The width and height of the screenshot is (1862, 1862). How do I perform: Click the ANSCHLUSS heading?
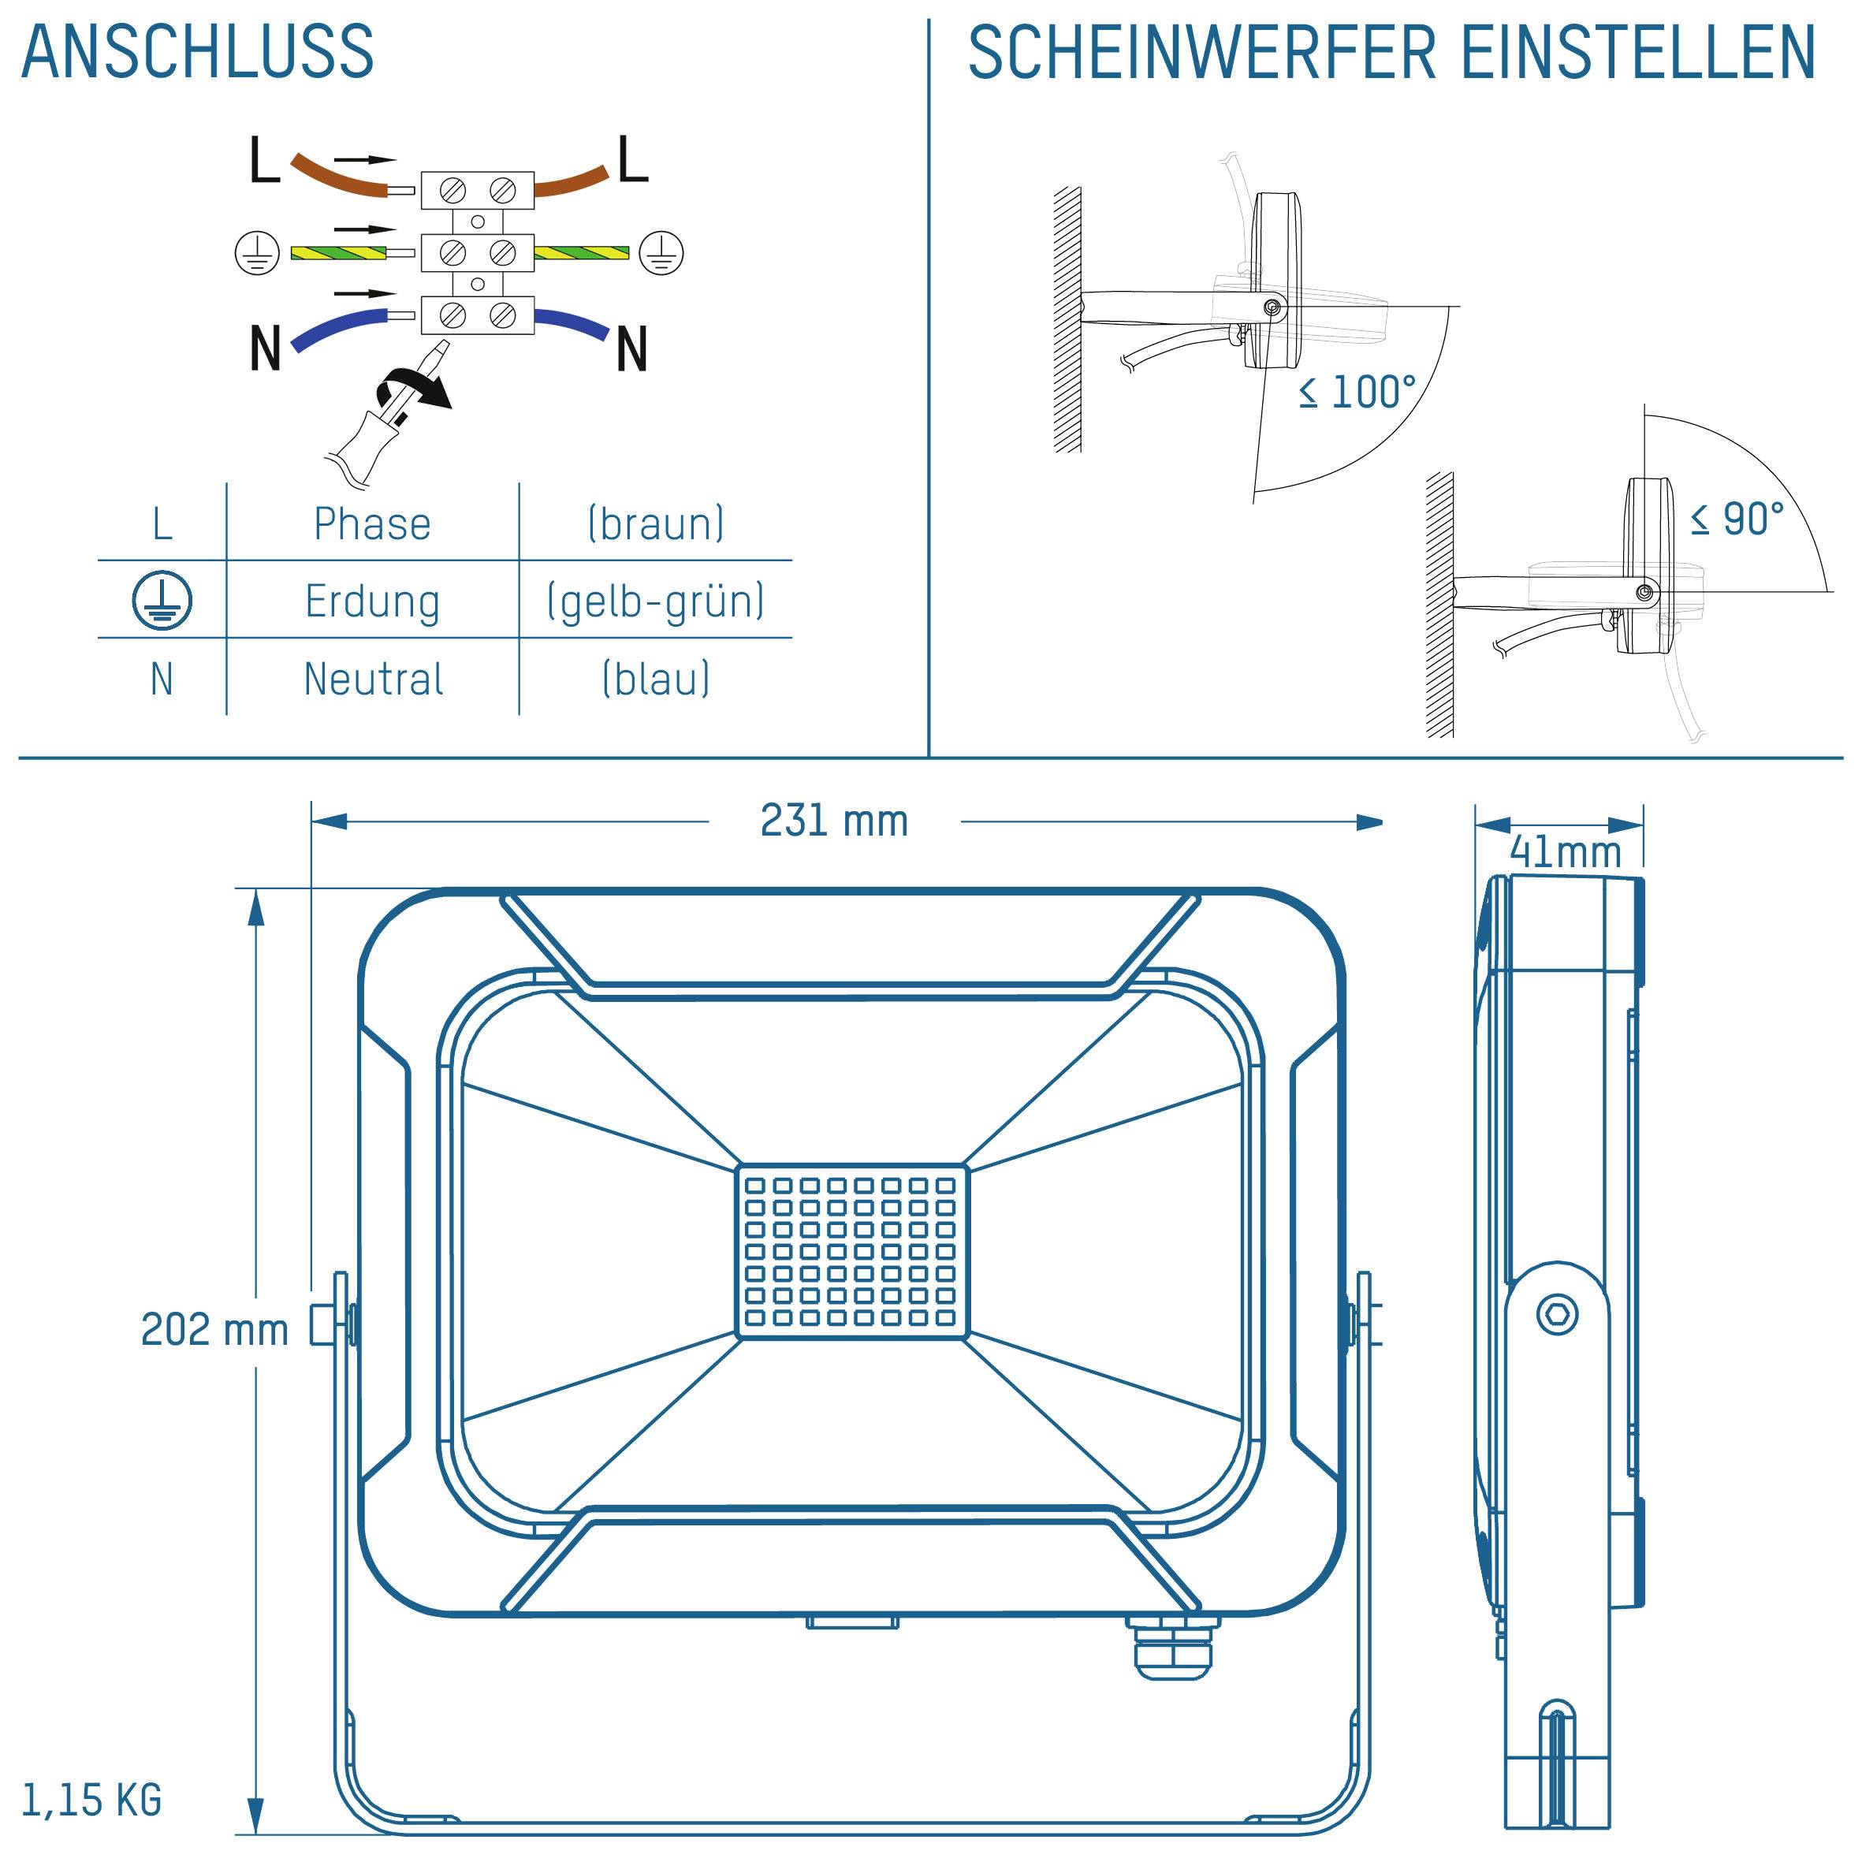198,52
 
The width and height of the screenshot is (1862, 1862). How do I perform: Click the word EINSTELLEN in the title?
1637,52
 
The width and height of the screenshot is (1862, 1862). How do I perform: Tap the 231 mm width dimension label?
834,822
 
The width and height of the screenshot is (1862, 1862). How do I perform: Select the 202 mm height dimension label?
214,1330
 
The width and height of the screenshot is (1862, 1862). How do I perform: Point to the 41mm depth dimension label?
1564,852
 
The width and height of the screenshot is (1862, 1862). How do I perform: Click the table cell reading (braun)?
655,523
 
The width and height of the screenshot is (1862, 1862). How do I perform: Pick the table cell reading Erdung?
372,601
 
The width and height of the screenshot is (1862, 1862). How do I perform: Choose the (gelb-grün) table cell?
655,601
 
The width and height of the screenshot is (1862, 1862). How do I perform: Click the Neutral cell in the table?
373,680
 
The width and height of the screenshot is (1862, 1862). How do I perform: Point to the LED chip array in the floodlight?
851,1251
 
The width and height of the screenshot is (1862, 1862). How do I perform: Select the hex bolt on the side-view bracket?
1555,1315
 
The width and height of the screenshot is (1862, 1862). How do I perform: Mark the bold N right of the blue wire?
631,349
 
